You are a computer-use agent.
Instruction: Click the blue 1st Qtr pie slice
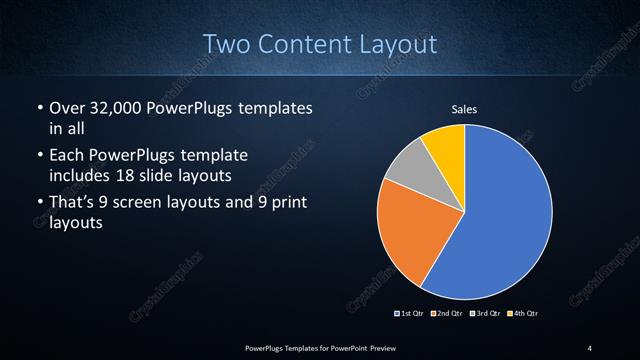pos(505,215)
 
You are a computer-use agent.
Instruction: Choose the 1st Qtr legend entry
pos(411,313)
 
